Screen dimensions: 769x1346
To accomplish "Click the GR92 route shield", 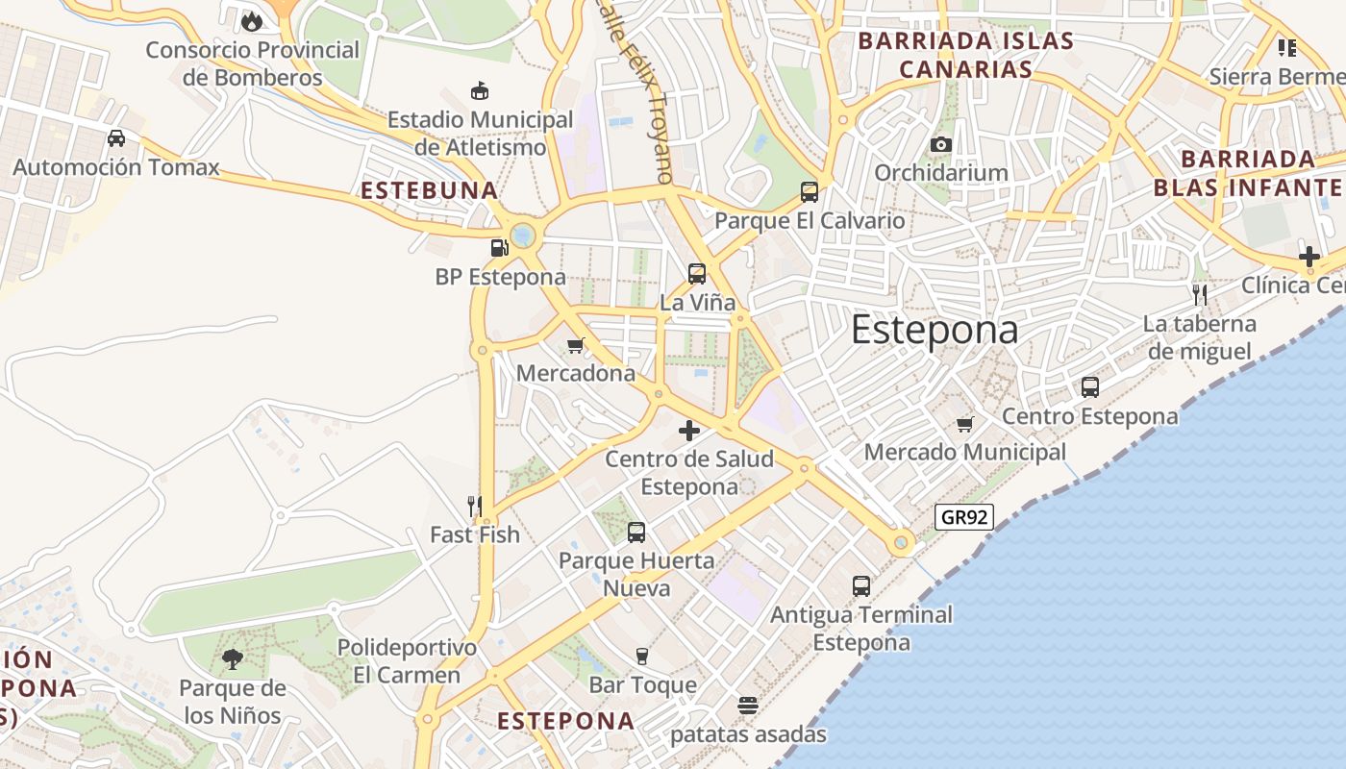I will click(963, 517).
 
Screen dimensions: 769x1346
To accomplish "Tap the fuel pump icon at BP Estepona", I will click(499, 248).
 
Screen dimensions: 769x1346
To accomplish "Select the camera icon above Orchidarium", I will click(940, 144).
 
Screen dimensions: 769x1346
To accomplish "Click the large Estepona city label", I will click(934, 330).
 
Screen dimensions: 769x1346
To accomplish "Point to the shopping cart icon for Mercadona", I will click(576, 345).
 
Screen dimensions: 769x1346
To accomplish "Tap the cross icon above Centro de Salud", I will click(689, 431).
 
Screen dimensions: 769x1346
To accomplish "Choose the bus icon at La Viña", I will click(697, 273).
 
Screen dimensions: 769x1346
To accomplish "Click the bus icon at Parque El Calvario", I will click(810, 192).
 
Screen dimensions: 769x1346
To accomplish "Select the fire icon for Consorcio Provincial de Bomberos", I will click(252, 20).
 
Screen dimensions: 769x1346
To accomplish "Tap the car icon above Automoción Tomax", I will click(116, 138).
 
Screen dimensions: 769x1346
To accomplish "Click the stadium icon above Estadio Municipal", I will click(479, 91).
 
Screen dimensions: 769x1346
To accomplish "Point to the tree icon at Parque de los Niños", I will click(232, 659).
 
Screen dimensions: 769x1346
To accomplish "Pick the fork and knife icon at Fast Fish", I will click(474, 506).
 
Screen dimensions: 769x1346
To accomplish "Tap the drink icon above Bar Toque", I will click(642, 657).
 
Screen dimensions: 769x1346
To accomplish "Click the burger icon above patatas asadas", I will click(748, 707).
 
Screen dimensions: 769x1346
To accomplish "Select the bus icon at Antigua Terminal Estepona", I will click(861, 585).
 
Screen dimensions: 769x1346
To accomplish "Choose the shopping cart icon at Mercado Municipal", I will click(965, 424).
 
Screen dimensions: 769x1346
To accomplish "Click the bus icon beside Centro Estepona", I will click(1090, 387).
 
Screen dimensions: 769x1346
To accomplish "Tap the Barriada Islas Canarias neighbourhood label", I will click(964, 55).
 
